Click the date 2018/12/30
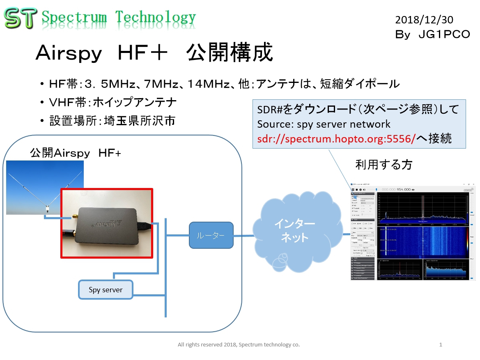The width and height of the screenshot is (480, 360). (424, 19)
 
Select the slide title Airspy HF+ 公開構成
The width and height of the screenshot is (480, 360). (154, 53)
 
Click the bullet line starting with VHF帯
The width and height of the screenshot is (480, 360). (113, 102)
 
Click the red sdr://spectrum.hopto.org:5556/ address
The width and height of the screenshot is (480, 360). (336, 139)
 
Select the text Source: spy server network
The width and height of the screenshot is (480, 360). (324, 124)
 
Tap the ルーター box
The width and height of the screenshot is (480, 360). (211, 235)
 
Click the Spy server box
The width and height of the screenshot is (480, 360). (106, 290)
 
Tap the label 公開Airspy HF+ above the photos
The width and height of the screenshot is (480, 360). (76, 153)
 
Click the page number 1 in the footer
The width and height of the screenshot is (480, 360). (441, 345)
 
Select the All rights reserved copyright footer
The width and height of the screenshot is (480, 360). (239, 345)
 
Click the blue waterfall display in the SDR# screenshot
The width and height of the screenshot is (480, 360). (423, 242)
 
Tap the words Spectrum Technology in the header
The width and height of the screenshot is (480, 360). (119, 18)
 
